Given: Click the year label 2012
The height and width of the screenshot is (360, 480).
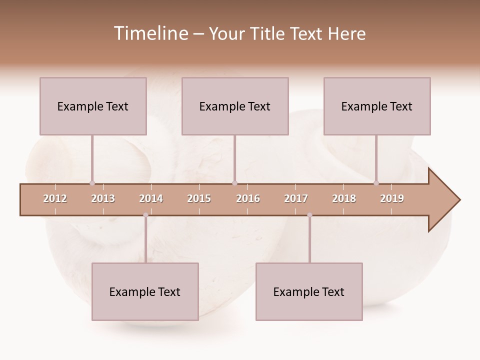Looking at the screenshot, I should (x=55, y=198).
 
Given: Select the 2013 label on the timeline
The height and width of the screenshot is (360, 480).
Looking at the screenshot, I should (x=103, y=198).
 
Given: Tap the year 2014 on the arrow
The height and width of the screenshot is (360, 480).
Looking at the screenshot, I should (x=151, y=198).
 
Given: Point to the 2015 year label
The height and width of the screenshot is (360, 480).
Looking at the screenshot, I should (x=199, y=198).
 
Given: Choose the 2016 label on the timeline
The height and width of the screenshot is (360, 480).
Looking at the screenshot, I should (x=248, y=198).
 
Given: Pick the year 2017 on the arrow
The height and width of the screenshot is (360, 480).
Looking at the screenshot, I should (x=296, y=198).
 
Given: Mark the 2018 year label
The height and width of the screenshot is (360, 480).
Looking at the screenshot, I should (x=344, y=198).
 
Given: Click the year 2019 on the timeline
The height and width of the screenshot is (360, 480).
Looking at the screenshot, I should (x=392, y=198).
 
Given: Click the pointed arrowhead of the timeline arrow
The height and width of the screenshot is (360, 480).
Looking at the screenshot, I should (x=445, y=200).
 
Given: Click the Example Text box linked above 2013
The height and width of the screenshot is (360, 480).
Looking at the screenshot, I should (x=93, y=106).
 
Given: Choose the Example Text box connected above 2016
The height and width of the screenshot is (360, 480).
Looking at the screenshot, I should (x=235, y=106).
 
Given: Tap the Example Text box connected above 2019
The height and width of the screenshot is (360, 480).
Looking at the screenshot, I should (x=377, y=106).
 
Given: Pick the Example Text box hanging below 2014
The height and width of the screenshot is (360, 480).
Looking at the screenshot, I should (x=145, y=291).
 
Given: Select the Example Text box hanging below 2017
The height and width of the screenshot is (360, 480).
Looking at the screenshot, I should (x=309, y=291).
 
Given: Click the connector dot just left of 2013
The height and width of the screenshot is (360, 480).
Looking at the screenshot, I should (x=92, y=183).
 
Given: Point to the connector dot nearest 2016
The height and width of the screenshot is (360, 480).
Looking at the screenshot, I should (x=234, y=183).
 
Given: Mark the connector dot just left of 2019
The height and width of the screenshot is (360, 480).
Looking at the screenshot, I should (x=376, y=183).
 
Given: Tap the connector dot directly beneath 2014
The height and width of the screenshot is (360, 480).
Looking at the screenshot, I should (x=145, y=215).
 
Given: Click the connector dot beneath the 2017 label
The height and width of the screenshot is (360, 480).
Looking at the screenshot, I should (x=309, y=215).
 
